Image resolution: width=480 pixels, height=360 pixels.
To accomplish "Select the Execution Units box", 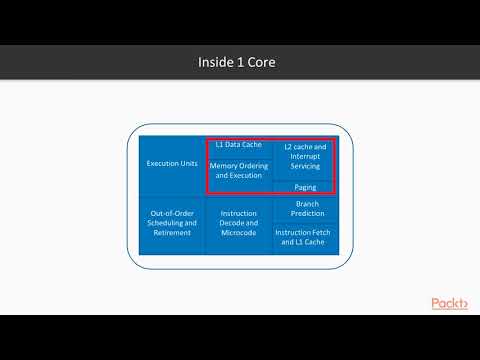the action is click(172, 163).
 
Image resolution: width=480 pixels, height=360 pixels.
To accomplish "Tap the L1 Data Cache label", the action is click(238, 145).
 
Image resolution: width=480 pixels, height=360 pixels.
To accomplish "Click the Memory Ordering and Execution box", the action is click(238, 171).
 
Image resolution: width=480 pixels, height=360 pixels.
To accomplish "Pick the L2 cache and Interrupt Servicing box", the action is click(306, 157).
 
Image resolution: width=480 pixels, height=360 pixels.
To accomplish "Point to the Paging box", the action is click(306, 187).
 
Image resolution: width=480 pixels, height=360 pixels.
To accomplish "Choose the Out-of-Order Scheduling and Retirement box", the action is click(172, 224).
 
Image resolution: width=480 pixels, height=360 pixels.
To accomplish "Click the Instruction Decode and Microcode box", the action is click(238, 224).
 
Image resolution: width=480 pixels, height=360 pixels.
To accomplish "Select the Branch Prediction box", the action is click(306, 209).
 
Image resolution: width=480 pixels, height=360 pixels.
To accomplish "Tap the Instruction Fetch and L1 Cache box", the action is click(306, 237).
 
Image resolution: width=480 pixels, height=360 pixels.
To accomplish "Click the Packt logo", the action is click(449, 303).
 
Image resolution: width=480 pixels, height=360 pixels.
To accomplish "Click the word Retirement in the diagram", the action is click(172, 234).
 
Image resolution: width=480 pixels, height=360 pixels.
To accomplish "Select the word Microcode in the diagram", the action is click(238, 234).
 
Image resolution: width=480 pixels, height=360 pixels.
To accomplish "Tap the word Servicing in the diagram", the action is click(306, 166).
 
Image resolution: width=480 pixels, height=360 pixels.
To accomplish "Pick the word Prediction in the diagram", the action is click(306, 213).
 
